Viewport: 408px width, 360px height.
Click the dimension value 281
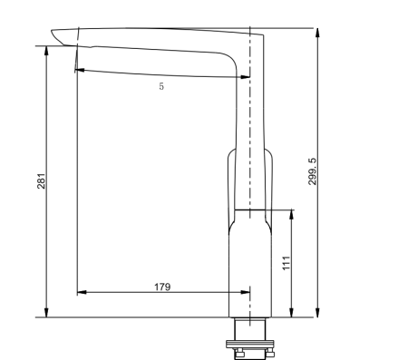pos(41,180)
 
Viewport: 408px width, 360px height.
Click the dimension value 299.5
pos(312,171)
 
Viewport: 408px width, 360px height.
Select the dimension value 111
pos(286,264)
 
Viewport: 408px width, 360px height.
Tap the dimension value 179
pos(162,287)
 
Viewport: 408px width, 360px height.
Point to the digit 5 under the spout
pos(161,87)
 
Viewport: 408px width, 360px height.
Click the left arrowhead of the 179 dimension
pos(81,293)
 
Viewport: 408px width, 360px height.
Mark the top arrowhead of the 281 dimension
pos(46,47)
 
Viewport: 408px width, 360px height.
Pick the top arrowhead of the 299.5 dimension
pos(319,32)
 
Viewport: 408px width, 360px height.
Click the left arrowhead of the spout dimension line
pos(80,70)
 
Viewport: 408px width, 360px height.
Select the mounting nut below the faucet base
pos(248,343)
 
